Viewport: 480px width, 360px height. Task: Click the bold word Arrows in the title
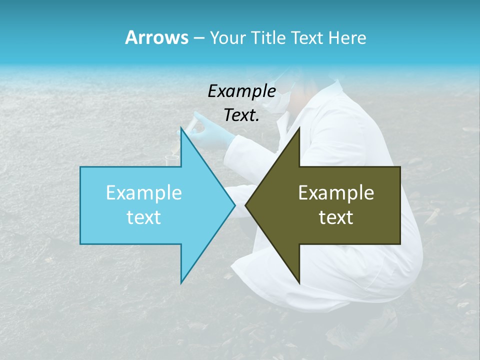click(156, 37)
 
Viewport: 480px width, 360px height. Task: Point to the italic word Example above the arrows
click(241, 91)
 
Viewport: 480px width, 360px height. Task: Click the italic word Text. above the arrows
click(241, 115)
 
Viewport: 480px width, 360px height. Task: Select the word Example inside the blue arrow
click(143, 192)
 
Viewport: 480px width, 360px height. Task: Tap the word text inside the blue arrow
click(143, 217)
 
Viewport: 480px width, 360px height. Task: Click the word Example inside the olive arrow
click(336, 192)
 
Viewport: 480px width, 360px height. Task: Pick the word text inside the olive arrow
click(336, 217)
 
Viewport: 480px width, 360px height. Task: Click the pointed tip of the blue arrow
click(234, 205)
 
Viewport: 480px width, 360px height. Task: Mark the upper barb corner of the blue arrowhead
click(181, 127)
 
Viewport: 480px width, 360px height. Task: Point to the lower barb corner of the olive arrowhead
click(299, 283)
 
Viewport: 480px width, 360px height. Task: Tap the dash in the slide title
click(198, 38)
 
